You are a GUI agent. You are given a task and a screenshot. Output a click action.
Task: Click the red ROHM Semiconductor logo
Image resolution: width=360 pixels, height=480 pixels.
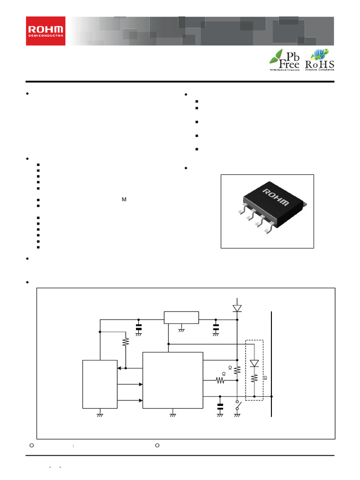[45, 31]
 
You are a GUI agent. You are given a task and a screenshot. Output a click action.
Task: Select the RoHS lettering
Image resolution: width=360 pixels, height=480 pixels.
[320, 64]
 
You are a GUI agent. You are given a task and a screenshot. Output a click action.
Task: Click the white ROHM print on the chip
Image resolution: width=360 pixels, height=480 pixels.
[275, 196]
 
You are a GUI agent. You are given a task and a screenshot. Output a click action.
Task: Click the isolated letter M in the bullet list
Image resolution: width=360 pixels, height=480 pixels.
[124, 200]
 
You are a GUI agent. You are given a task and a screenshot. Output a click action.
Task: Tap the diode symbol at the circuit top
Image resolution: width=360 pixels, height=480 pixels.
[237, 308]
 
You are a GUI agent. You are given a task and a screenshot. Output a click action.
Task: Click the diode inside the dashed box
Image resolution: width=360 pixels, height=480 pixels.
[254, 363]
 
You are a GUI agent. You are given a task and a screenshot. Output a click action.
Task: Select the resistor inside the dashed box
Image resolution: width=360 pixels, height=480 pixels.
[254, 378]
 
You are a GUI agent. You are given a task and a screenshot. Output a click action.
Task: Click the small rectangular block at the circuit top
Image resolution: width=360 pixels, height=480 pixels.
[181, 317]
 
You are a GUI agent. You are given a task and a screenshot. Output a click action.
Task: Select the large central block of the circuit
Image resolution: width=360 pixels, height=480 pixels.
[172, 380]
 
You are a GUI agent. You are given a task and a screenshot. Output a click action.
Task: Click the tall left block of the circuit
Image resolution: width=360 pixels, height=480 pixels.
[100, 384]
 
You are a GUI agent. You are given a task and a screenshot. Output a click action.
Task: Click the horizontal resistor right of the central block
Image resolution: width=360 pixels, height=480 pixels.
[220, 381]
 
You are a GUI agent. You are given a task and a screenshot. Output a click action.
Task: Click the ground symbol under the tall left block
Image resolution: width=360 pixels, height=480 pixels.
[100, 414]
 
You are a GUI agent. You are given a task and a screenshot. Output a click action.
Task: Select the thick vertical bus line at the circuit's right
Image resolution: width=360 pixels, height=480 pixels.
[271, 363]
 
